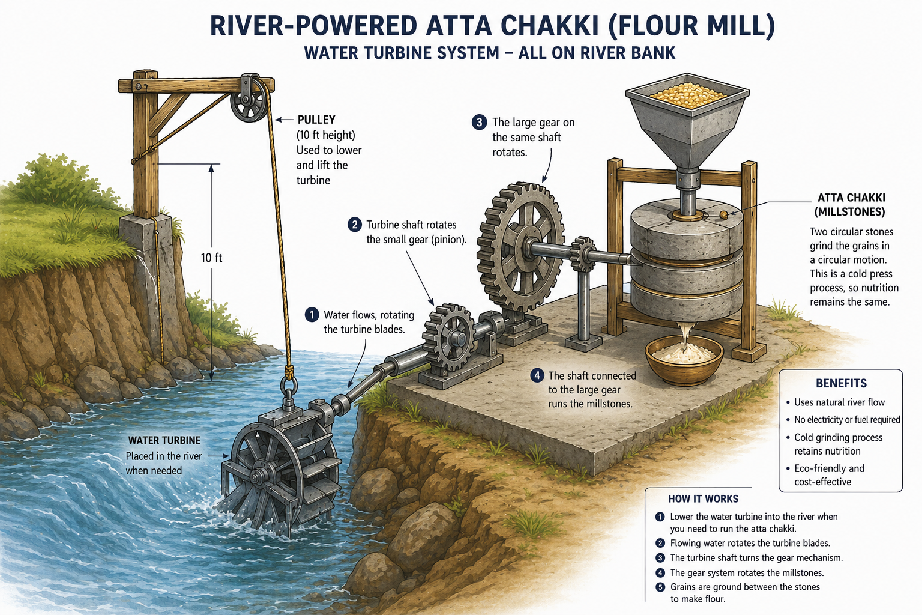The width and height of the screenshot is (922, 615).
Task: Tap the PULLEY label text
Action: point(316,120)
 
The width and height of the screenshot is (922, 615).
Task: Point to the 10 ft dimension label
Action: point(211,258)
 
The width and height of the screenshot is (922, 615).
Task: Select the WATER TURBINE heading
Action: point(164,440)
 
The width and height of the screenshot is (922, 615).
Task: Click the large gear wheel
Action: point(520,248)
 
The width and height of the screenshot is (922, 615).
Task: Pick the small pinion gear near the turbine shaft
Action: point(448,338)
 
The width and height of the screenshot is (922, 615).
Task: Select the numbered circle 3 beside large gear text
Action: point(479,123)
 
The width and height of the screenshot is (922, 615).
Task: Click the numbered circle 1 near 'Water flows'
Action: point(312,315)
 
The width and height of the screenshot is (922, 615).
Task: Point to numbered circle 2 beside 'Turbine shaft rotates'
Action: point(354,225)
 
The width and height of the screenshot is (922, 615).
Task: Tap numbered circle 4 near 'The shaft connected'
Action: point(537,376)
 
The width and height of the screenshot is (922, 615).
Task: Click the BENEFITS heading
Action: point(841,384)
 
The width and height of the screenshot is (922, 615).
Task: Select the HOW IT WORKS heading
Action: point(703,499)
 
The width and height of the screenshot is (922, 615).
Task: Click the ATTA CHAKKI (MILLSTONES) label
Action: point(851,205)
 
